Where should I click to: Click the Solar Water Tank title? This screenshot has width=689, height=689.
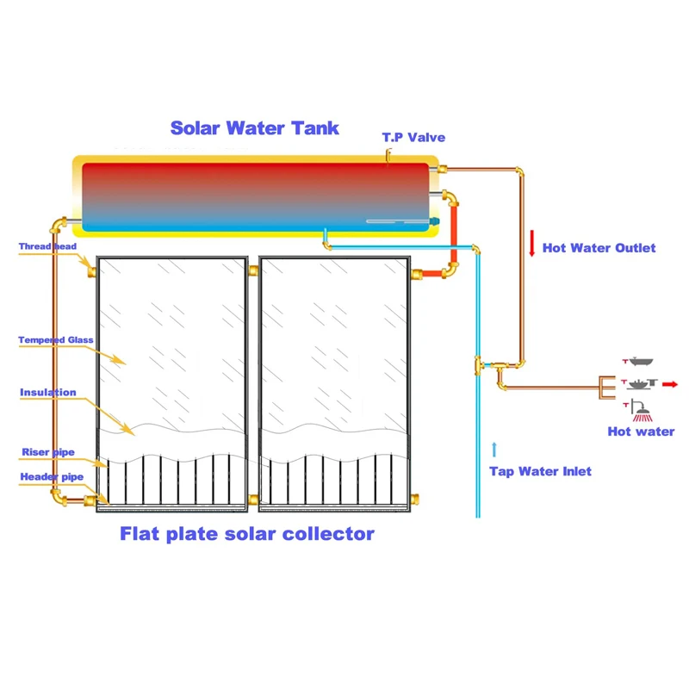coord(254,128)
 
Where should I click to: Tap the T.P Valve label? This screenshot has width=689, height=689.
coord(413,138)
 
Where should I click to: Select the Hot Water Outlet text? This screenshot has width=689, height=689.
coord(599,248)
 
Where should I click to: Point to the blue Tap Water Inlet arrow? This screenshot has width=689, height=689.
coord(494,449)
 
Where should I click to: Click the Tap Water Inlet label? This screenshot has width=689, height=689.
coord(540,471)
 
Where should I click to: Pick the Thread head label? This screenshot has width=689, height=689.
coord(47,247)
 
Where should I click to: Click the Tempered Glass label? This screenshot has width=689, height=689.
coord(55,340)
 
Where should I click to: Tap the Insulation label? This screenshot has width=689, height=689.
coord(48,393)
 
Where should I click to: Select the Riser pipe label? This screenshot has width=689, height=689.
coord(47,452)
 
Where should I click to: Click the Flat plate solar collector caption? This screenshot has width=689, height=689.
coord(247,534)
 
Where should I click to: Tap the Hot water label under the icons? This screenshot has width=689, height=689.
coord(641,431)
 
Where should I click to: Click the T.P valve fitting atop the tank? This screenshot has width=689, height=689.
coord(389,155)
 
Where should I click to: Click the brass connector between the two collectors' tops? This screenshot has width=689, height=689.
coord(253,270)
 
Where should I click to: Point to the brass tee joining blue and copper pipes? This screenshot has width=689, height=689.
coord(478,368)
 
